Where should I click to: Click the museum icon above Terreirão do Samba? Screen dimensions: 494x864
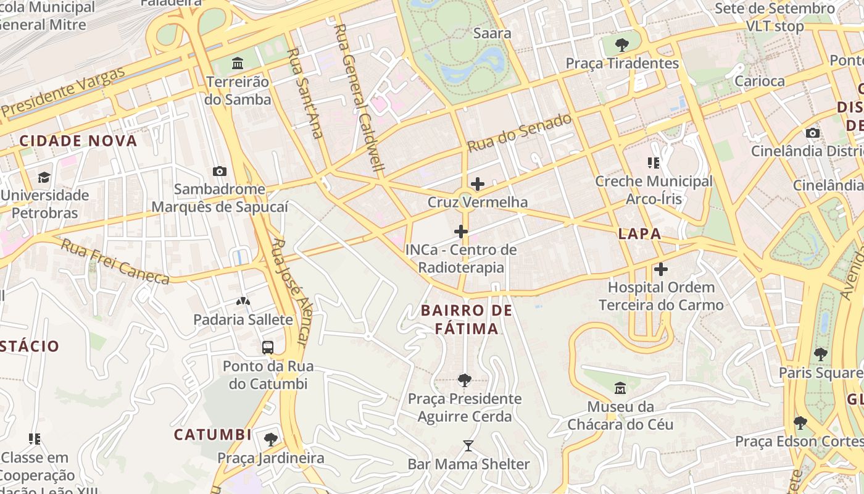tap(238, 63)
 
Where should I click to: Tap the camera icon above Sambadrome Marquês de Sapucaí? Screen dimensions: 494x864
tap(219, 171)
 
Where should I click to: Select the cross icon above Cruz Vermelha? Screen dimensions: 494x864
tap(477, 184)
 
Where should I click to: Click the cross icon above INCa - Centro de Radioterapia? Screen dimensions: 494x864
tap(460, 232)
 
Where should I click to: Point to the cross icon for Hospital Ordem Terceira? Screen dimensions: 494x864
tap(661, 269)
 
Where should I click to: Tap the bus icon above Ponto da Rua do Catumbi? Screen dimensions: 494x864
tap(267, 348)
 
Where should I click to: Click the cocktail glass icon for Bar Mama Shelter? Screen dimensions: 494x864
tap(468, 446)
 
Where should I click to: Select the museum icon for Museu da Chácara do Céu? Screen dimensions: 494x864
tap(620, 388)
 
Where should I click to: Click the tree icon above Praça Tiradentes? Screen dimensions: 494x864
tap(622, 44)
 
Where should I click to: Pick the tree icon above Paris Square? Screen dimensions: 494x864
tap(820, 354)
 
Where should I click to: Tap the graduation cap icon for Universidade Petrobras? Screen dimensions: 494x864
tap(44, 177)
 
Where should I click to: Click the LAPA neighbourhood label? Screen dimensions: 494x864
tap(640, 233)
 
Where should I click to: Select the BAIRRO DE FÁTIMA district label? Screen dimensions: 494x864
tap(467, 319)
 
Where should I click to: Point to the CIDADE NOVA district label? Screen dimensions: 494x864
tap(78, 141)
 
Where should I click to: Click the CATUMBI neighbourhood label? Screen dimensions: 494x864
tap(213, 435)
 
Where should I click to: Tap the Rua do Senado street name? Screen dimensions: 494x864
tap(520, 133)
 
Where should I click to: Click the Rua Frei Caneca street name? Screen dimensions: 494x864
tap(115, 262)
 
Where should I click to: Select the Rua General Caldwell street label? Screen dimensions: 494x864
tap(359, 99)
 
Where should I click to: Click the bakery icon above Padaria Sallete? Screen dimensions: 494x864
tap(243, 301)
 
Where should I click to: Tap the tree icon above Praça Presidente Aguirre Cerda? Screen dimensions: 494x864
tap(465, 380)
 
